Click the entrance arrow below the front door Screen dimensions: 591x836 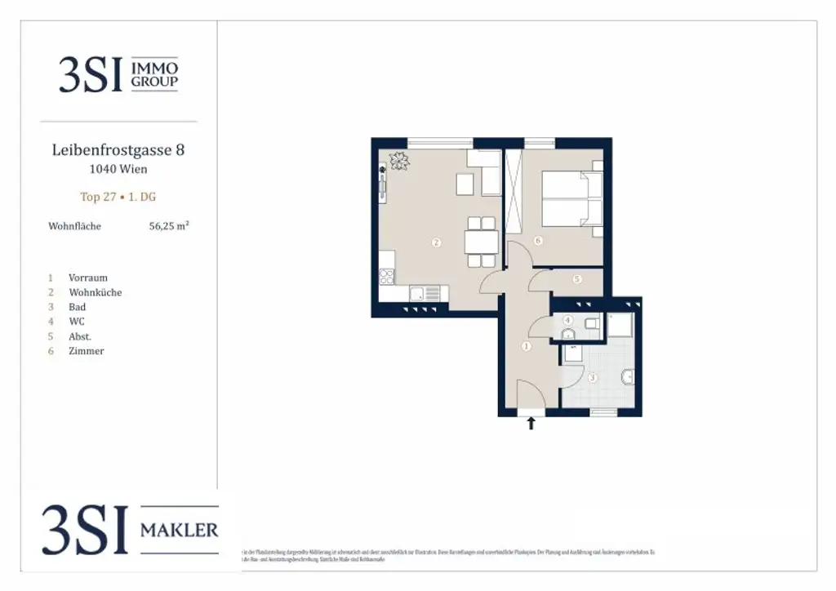(531, 423)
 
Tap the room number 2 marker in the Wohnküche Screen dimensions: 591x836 (437, 242)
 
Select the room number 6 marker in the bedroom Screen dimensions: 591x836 (538, 240)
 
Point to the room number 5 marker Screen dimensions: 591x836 (577, 279)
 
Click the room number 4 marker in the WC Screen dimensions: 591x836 (568, 321)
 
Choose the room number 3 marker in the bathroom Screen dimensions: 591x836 (593, 377)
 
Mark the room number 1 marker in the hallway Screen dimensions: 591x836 (526, 346)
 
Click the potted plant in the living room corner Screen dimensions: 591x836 (398, 162)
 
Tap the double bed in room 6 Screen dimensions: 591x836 (571, 199)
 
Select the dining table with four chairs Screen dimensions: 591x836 (481, 242)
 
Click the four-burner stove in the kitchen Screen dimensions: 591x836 (386, 277)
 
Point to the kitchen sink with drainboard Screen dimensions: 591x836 (424, 293)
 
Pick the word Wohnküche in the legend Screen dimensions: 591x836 (96, 292)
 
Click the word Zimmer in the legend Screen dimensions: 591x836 (87, 351)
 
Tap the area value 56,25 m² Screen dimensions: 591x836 (168, 226)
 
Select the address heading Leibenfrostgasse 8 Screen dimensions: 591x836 (118, 150)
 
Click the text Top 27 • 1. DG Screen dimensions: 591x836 (118, 197)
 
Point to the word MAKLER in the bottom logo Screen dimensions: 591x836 (180, 531)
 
